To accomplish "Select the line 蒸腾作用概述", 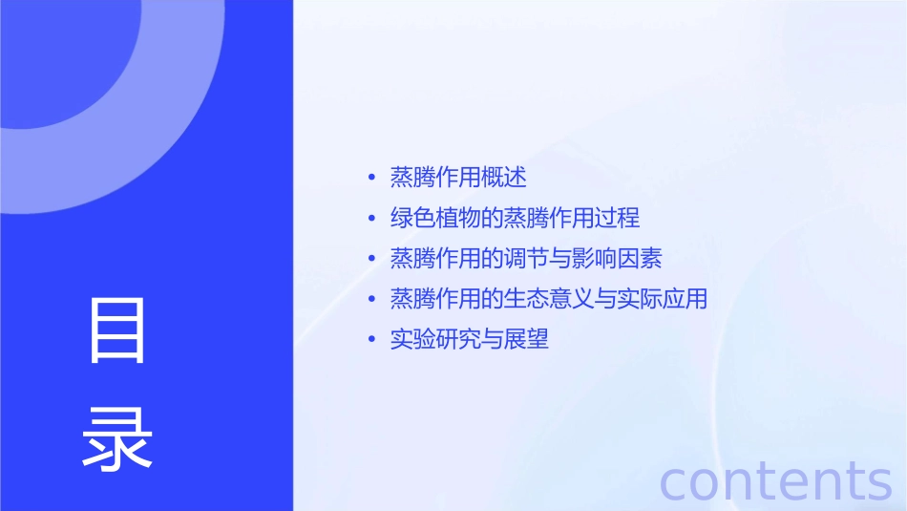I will coord(458,178).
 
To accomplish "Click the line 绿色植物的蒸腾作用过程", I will coord(515,218).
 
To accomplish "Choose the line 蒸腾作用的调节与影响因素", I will coord(526,258).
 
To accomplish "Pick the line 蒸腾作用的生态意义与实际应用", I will coord(548,298).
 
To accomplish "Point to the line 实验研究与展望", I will coord(470,339).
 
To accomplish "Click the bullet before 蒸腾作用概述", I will coord(371,179).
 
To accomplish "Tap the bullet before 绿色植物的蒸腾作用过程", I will coord(371,219).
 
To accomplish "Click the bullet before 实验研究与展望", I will coord(371,340).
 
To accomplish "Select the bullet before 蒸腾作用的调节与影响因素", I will coord(371,259).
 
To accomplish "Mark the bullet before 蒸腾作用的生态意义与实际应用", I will coord(371,299).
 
